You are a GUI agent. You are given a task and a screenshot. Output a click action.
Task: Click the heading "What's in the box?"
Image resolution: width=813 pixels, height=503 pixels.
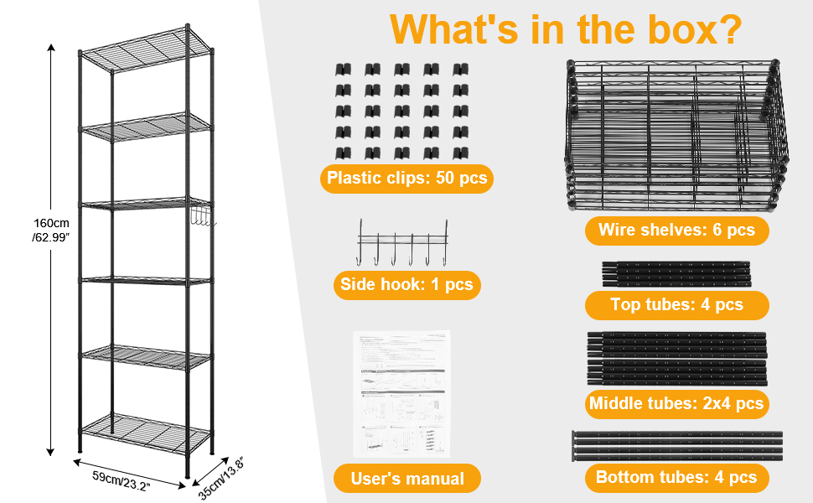point(566,29)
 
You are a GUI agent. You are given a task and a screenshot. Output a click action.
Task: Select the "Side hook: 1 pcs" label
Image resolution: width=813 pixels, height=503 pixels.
point(406,284)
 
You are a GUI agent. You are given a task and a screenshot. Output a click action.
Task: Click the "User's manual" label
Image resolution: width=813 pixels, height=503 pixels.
point(407,479)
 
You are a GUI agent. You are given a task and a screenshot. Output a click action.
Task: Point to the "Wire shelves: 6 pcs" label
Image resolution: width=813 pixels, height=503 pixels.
point(676,230)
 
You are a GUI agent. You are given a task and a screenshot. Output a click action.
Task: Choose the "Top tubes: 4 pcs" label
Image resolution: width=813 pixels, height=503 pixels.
point(676,304)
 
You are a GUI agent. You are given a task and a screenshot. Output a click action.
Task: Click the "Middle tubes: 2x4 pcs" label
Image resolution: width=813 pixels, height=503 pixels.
point(676,403)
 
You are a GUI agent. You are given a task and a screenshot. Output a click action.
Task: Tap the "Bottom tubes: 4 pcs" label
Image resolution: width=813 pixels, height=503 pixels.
point(676,478)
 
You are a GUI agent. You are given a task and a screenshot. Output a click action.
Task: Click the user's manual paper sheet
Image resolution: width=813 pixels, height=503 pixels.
point(401,392)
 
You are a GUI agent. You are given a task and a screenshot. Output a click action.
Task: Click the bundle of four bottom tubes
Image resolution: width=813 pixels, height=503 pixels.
point(676,444)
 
